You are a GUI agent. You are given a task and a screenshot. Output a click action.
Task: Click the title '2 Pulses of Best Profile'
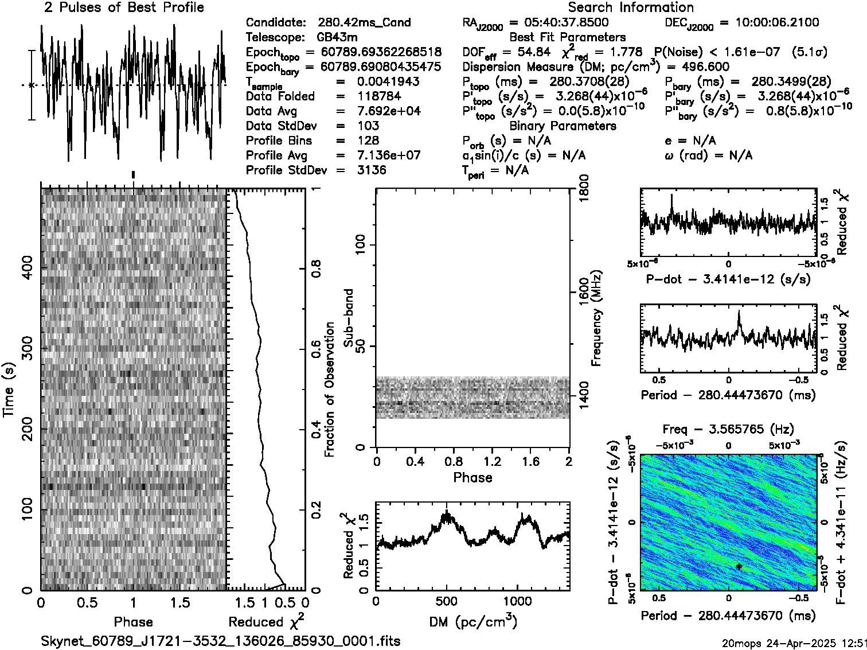[x=124, y=8]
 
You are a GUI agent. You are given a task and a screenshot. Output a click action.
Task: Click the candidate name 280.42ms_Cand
[x=364, y=23]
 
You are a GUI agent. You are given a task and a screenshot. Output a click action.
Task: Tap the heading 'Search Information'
[x=630, y=8]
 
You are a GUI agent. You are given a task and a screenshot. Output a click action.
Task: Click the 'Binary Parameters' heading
[x=563, y=126]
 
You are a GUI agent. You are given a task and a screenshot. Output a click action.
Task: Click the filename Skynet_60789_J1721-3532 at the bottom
[x=220, y=641]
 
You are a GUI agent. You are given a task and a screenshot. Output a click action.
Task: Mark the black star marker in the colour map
[x=739, y=566]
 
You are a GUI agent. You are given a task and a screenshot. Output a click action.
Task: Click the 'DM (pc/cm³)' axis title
[x=472, y=622]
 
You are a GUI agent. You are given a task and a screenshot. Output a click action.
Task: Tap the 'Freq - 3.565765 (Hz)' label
[x=728, y=430]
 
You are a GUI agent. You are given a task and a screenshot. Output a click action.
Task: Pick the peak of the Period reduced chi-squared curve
[x=739, y=312]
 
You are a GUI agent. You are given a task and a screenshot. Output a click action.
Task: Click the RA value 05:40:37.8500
[x=560, y=23]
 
